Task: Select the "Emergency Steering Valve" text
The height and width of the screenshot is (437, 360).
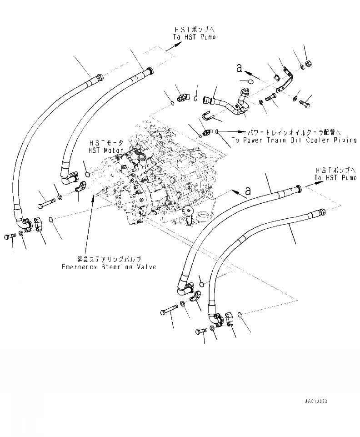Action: coord(109,267)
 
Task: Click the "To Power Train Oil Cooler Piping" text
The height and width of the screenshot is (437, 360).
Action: coord(294,141)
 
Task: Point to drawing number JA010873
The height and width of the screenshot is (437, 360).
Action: coord(316,402)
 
